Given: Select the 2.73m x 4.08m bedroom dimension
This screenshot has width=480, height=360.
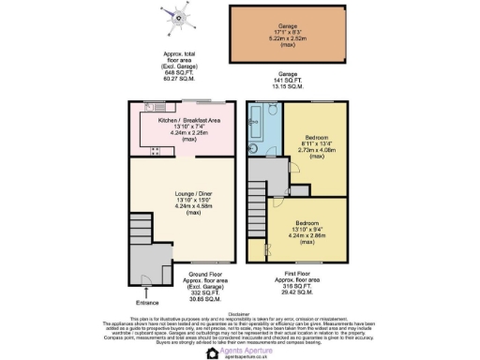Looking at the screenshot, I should coord(316,148).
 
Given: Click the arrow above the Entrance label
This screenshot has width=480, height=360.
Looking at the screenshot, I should coord(147,292).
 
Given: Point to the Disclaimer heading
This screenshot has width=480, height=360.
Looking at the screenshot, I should coord(240,313).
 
